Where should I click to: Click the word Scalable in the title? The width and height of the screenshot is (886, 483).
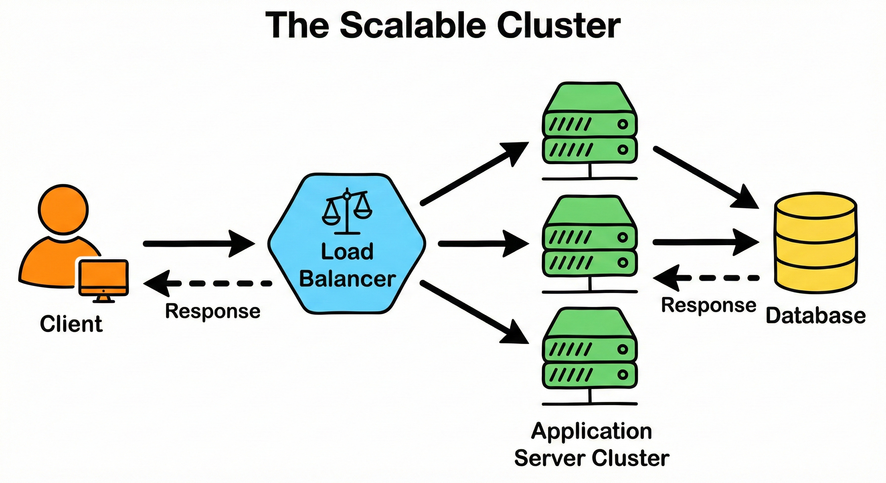pyautogui.click(x=413, y=26)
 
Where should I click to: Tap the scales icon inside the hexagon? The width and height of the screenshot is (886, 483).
pyautogui.click(x=347, y=211)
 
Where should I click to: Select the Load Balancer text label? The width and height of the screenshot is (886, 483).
pyautogui.click(x=347, y=265)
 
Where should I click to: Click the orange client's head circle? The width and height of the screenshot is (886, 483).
pyautogui.click(x=63, y=210)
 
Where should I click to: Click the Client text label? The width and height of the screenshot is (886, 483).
pyautogui.click(x=71, y=324)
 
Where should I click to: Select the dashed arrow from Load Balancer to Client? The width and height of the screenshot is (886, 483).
pyautogui.click(x=206, y=284)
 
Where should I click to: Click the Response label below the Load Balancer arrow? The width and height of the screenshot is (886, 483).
pyautogui.click(x=213, y=311)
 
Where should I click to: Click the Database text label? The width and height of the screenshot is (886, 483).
pyautogui.click(x=816, y=316)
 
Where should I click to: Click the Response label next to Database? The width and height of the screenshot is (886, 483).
pyautogui.click(x=709, y=305)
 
